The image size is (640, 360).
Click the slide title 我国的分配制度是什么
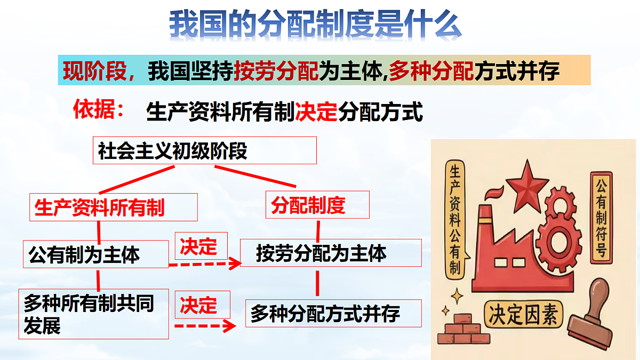(315, 25)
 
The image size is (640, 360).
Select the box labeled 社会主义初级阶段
(205, 150)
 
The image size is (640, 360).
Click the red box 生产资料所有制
(113, 207)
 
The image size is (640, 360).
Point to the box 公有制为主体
(96, 254)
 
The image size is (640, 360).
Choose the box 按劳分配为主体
(331, 253)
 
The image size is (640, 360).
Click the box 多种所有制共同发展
(94, 314)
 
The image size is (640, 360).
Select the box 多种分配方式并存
(333, 313)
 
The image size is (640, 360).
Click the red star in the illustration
(527, 185)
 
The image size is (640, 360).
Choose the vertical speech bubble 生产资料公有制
(454, 219)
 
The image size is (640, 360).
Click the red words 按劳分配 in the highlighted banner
(276, 70)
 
